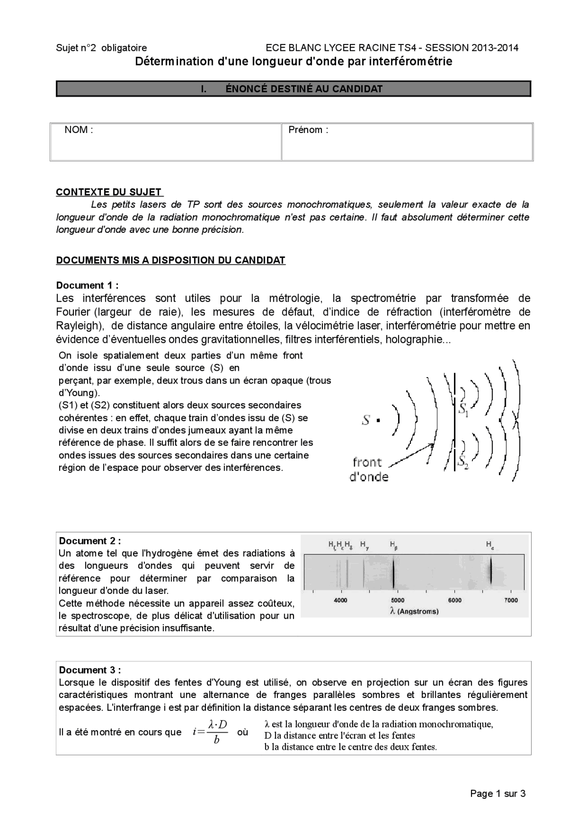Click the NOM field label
click(x=78, y=130)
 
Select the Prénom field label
click(x=308, y=130)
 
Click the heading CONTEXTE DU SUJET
click(x=109, y=192)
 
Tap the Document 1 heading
click(x=87, y=286)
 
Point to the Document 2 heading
click(x=90, y=541)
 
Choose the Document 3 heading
click(x=90, y=670)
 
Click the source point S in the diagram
click(x=378, y=420)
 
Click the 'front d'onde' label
click(x=368, y=469)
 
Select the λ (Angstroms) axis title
click(x=414, y=611)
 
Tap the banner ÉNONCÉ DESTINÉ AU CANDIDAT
click(x=293, y=89)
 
